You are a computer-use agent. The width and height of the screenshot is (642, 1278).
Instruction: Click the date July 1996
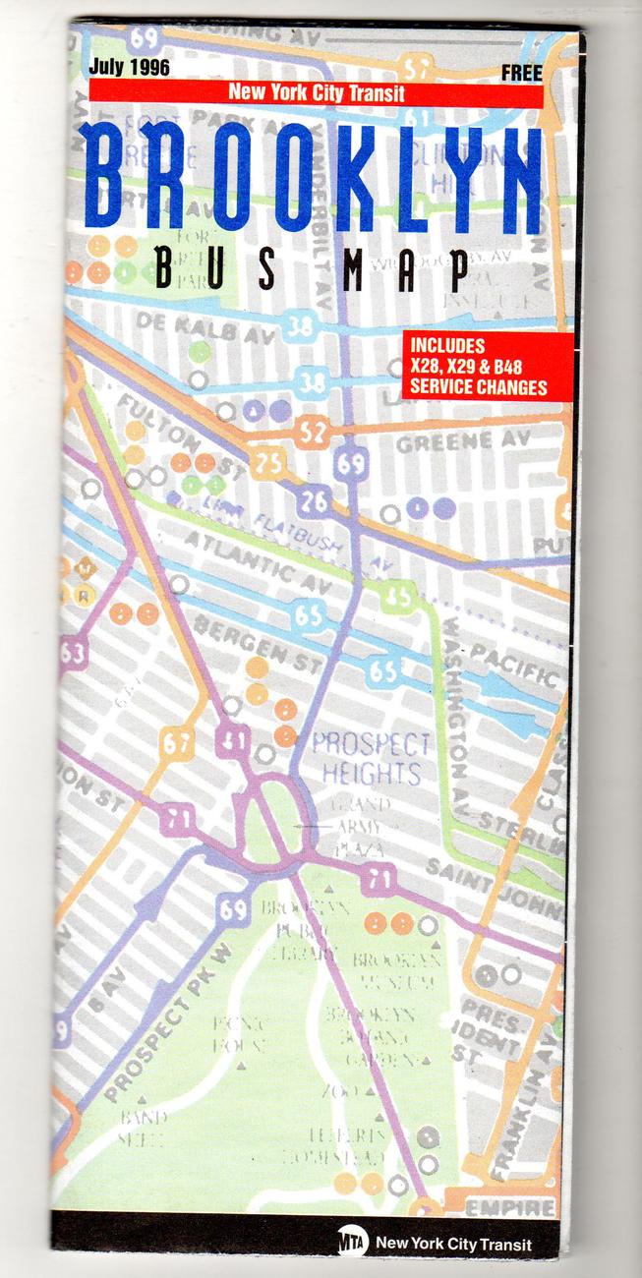tap(129, 68)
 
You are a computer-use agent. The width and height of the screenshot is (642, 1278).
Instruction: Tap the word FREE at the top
tap(521, 72)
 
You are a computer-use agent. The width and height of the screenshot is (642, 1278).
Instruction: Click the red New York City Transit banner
tap(316, 93)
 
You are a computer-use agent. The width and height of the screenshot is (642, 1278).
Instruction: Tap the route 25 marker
tap(268, 462)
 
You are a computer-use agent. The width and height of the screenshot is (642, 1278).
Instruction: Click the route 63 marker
tap(73, 652)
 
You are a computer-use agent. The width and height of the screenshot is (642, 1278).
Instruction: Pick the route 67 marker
tap(176, 743)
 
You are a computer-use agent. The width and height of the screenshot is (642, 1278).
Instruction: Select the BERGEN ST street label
tap(257, 640)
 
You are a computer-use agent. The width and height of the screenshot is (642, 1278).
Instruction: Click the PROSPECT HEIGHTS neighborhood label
tap(372, 757)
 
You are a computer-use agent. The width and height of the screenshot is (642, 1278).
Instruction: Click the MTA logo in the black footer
tap(350, 1242)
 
